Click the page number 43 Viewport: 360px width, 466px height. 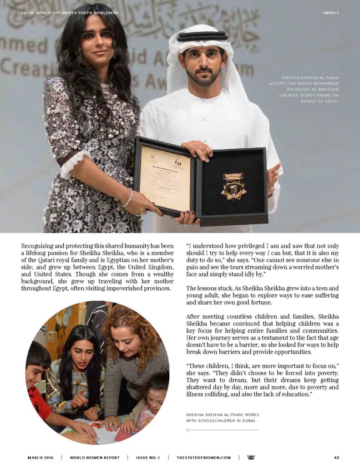[x=336, y=457]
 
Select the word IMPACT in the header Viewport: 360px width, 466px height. [x=331, y=13]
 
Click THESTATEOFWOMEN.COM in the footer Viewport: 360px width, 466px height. [x=204, y=457]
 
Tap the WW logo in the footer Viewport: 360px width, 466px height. [x=251, y=457]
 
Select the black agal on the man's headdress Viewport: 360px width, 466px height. [x=202, y=36]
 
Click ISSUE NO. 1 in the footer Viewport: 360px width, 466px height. [x=148, y=457]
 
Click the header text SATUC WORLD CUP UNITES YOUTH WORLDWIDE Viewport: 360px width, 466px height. [x=70, y=13]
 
